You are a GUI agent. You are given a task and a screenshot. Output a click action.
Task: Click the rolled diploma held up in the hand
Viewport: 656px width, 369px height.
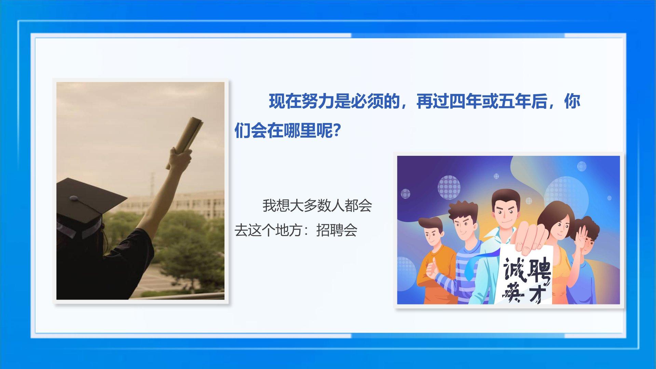(184, 142)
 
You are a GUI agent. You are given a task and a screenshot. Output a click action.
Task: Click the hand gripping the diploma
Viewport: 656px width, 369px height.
(180, 161)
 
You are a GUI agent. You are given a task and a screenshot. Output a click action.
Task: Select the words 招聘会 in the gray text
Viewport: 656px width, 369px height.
(337, 230)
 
